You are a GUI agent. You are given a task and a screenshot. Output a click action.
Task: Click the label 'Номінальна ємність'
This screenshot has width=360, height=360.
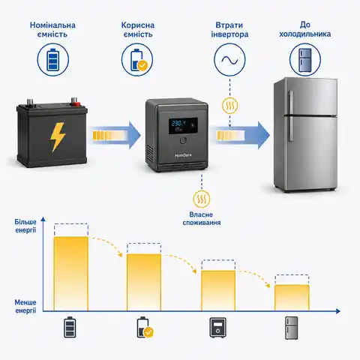pyautogui.click(x=52, y=29)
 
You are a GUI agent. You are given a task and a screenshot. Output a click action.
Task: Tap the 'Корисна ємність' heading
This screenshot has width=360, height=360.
pyautogui.click(x=138, y=29)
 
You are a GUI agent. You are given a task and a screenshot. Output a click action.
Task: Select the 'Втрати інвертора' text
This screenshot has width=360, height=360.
pyautogui.click(x=229, y=29)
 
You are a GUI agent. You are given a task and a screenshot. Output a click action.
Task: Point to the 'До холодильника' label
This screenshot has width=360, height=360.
pyautogui.click(x=305, y=29)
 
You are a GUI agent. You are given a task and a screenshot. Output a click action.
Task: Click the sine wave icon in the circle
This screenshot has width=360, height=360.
pyautogui.click(x=229, y=60)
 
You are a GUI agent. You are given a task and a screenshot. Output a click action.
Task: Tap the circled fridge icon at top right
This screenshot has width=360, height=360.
pyautogui.click(x=305, y=60)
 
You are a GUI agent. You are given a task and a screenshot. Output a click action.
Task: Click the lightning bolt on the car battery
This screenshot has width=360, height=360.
pyautogui.click(x=58, y=137)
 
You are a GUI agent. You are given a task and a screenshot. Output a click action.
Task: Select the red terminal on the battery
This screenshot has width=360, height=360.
pyautogui.click(x=74, y=101)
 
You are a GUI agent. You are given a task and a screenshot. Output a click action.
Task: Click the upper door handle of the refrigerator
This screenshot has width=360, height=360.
pyautogui.click(x=290, y=102)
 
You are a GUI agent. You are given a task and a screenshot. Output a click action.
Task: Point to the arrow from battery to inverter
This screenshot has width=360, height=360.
pyautogui.click(x=116, y=135)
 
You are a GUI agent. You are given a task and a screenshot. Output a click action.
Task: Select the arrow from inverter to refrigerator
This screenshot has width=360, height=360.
pyautogui.click(x=243, y=136)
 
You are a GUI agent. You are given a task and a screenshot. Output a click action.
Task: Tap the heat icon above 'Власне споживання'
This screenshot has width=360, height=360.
pyautogui.click(x=202, y=199)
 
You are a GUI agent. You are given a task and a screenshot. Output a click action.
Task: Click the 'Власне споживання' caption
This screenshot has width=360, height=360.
pyautogui.click(x=202, y=219)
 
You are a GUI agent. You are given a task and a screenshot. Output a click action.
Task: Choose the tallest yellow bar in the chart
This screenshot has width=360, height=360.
pyautogui.click(x=71, y=274)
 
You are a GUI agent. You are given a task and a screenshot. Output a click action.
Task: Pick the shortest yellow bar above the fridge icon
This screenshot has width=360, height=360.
pyautogui.click(x=292, y=298)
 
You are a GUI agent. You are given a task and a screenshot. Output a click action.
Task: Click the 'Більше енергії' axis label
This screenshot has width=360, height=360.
pyautogui.click(x=25, y=226)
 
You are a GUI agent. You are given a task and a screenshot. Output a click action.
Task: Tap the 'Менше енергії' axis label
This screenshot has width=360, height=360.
pyautogui.click(x=25, y=306)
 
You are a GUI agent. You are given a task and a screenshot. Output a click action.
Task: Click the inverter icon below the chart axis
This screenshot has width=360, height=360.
pyautogui.click(x=217, y=328)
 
